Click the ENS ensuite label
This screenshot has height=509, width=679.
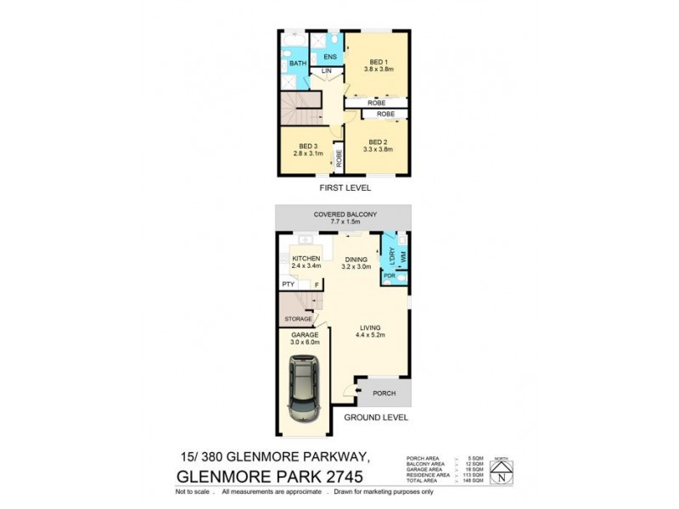point(330,57)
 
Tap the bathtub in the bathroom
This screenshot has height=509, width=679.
point(295,40)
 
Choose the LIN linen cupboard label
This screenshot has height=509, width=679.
point(323,72)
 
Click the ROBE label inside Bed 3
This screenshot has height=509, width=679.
point(338,157)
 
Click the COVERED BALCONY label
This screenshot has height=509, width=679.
point(345,215)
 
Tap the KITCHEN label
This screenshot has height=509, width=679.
point(306,258)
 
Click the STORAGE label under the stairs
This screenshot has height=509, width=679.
point(298,319)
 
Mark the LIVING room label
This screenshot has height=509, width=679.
point(369,327)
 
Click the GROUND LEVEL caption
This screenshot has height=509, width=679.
point(376,417)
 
